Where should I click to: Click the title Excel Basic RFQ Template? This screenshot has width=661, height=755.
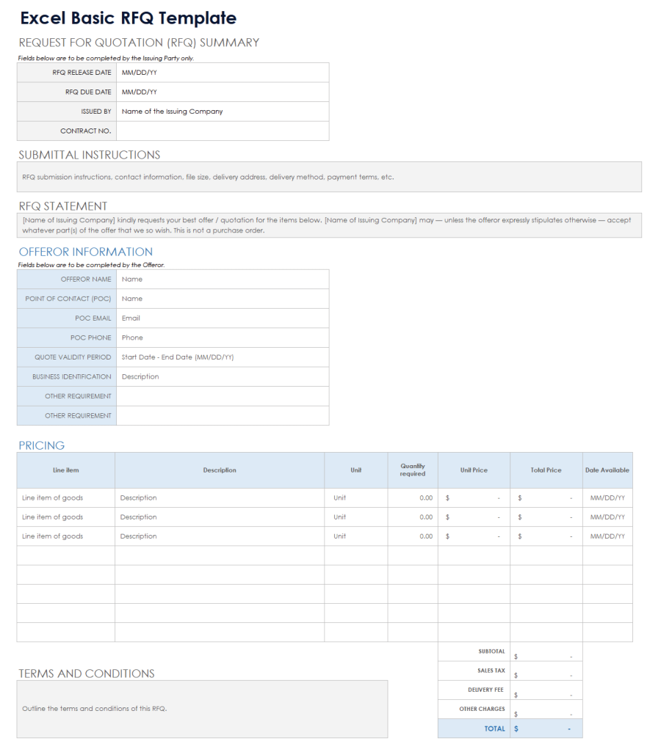pyautogui.click(x=128, y=18)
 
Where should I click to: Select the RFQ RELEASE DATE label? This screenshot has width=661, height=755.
pyautogui.click(x=82, y=73)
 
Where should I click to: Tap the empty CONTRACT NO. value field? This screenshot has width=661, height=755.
pyautogui.click(x=222, y=131)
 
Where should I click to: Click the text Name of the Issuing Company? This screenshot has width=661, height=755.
pyautogui.click(x=172, y=112)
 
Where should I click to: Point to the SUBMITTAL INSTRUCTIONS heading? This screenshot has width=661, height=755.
pyautogui.click(x=89, y=155)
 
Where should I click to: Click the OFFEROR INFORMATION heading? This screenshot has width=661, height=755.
pyautogui.click(x=85, y=252)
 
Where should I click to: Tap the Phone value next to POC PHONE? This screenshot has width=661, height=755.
pyautogui.click(x=132, y=338)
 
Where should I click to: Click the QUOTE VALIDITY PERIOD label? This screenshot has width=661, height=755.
pyautogui.click(x=73, y=357)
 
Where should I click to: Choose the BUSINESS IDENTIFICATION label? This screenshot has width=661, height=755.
pyautogui.click(x=71, y=376)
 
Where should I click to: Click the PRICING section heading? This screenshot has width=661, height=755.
pyautogui.click(x=41, y=445)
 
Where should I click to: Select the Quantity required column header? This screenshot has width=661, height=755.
pyautogui.click(x=413, y=470)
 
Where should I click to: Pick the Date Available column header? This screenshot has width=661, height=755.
pyautogui.click(x=607, y=470)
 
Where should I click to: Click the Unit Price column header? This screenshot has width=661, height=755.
pyautogui.click(x=474, y=470)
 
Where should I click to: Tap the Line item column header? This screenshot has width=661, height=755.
pyautogui.click(x=65, y=470)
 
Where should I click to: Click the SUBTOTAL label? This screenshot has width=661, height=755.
pyautogui.click(x=491, y=652)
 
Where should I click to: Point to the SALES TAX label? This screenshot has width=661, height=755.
pyautogui.click(x=491, y=671)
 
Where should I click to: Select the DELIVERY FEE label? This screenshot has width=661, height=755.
pyautogui.click(x=486, y=690)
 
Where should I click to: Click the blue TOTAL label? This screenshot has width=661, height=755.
pyautogui.click(x=494, y=729)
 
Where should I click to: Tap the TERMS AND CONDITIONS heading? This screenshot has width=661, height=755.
pyautogui.click(x=86, y=674)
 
